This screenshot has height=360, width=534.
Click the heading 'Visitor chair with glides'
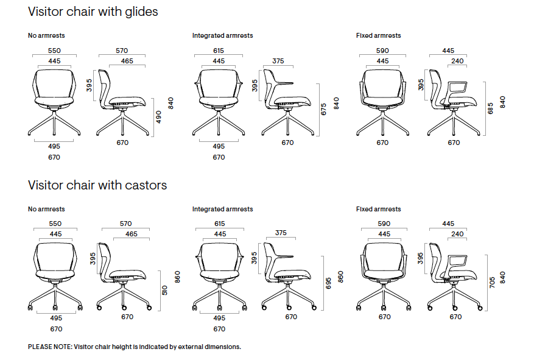click(93, 12)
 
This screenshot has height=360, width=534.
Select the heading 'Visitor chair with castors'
click(97, 185)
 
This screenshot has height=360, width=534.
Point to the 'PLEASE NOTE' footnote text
click(135, 347)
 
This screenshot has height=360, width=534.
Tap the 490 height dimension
click(159, 117)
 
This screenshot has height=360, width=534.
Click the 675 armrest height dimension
click(324, 108)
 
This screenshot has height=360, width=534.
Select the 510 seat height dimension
click(164, 290)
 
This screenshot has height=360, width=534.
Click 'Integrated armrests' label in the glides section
click(222, 36)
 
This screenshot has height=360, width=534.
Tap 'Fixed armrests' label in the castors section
click(378, 209)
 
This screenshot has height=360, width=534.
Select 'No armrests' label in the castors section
click(46, 209)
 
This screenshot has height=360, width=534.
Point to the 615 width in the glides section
click(219, 51)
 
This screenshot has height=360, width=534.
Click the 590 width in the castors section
click(383, 224)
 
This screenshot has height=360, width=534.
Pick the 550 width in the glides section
click(54, 51)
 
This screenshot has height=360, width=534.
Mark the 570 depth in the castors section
click(127, 224)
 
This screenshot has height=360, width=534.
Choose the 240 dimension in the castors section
click(457, 234)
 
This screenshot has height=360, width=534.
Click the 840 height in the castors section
click(502, 277)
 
